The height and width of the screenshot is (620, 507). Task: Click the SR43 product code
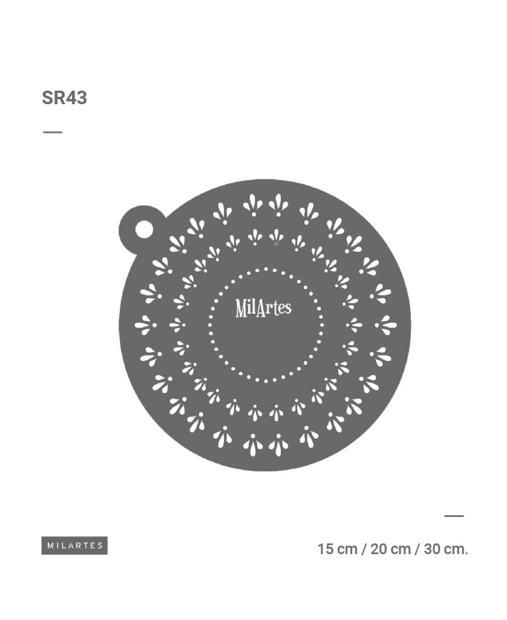point(64,97)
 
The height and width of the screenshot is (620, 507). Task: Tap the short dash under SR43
point(53,132)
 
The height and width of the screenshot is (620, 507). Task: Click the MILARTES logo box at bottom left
point(74,546)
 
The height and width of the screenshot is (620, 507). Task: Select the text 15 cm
point(338,549)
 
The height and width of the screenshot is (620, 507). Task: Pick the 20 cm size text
point(390,549)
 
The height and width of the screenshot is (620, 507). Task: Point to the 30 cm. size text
point(446,549)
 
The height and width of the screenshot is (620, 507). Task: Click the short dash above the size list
point(454,516)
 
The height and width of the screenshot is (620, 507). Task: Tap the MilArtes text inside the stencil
point(264,308)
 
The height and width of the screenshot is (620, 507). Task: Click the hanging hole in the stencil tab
point(144,229)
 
